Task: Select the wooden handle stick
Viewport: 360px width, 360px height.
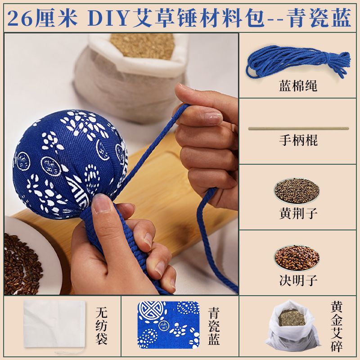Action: (x=298, y=128)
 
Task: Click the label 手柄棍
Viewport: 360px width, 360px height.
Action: (x=298, y=140)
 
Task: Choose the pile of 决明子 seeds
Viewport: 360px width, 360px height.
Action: (x=297, y=257)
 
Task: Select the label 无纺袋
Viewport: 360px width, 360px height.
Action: (x=102, y=326)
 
